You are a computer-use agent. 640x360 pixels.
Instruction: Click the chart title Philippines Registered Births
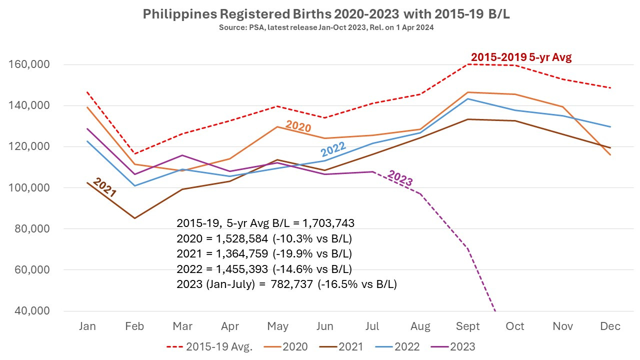pyautogui.click(x=326, y=14)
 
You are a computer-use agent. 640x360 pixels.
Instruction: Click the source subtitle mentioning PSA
pyautogui.click(x=326, y=27)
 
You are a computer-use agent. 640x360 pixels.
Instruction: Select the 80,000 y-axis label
pyautogui.click(x=33, y=229)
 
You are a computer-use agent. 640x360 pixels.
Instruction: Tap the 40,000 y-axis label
pyautogui.click(x=33, y=311)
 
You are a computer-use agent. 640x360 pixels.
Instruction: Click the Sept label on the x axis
pyautogui.click(x=467, y=326)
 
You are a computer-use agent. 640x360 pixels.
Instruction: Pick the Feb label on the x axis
pyautogui.click(x=134, y=326)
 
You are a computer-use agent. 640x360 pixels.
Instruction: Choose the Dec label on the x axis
pyautogui.click(x=610, y=326)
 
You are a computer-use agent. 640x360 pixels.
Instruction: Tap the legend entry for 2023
pyautogui.click(x=462, y=346)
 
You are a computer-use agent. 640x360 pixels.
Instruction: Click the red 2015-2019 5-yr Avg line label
pyautogui.click(x=521, y=57)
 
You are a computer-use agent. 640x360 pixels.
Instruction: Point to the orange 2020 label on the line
pyautogui.click(x=298, y=126)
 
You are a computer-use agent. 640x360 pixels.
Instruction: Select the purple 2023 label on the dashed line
pyautogui.click(x=400, y=178)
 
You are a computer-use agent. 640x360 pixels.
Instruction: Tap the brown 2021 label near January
pyautogui.click(x=104, y=188)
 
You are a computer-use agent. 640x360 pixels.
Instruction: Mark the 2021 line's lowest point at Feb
pyautogui.click(x=134, y=218)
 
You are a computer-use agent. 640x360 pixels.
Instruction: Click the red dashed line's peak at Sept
pyautogui.click(x=467, y=64)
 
